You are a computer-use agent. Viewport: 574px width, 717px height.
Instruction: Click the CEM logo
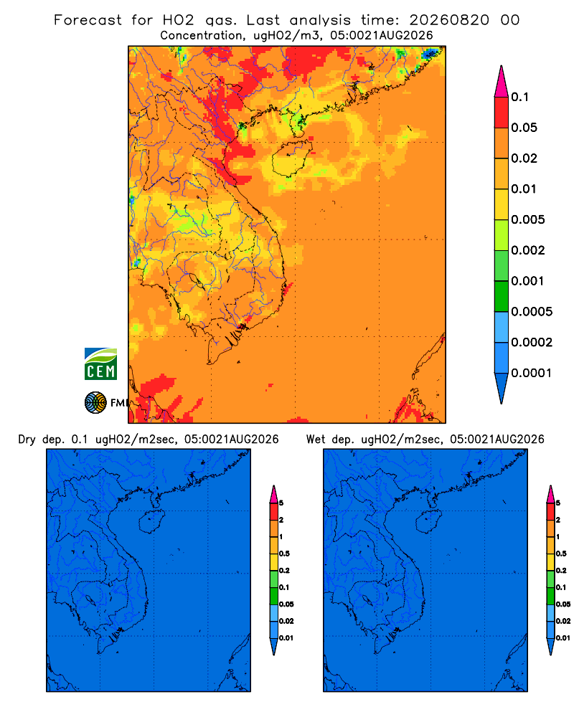click(100, 364)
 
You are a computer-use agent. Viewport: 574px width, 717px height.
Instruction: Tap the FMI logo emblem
click(95, 402)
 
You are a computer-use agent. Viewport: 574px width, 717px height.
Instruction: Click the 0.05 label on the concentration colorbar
click(524, 128)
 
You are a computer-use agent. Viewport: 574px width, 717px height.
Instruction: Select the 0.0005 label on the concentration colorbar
click(532, 312)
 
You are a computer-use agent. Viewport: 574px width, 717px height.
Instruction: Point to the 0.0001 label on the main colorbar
click(532, 373)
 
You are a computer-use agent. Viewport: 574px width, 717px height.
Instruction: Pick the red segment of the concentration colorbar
click(502, 113)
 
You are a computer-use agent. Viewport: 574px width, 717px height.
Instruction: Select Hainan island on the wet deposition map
click(428, 522)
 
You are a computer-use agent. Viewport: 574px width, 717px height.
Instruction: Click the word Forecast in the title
click(88, 20)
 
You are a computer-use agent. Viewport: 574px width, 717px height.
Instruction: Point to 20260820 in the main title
click(449, 20)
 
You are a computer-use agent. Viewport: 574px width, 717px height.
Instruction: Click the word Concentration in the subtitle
click(202, 36)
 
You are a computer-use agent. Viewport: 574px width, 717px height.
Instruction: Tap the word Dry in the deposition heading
click(27, 440)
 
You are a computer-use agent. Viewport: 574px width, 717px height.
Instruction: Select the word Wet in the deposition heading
click(316, 440)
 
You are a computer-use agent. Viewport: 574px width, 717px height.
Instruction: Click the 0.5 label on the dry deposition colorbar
click(284, 554)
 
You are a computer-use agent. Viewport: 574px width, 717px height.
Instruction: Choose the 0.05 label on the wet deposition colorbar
click(563, 604)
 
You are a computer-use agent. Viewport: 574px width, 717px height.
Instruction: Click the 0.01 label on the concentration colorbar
click(524, 189)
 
